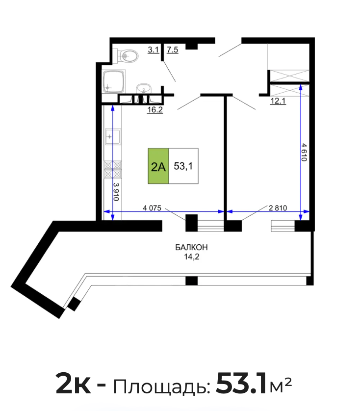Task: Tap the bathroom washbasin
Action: (x=144, y=89)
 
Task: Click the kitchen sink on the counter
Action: (x=113, y=136)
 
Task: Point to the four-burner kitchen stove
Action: (x=113, y=170)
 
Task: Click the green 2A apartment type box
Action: (x=158, y=166)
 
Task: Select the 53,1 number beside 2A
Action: (x=183, y=166)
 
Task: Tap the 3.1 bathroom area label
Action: (x=154, y=50)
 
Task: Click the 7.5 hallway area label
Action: (x=173, y=50)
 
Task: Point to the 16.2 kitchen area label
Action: (x=155, y=109)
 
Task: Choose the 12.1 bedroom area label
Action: (x=278, y=101)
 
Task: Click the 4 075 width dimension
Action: (x=152, y=208)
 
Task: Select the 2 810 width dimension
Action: (x=278, y=208)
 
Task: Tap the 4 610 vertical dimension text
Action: (x=304, y=153)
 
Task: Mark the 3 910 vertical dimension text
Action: (x=116, y=192)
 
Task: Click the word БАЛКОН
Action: (x=191, y=247)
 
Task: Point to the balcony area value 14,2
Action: (x=192, y=257)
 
